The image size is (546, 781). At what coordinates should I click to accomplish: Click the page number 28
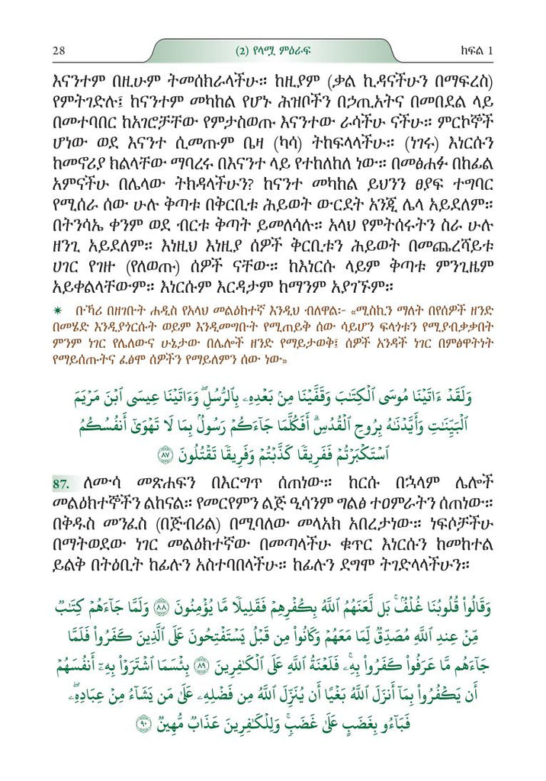(x=59, y=51)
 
